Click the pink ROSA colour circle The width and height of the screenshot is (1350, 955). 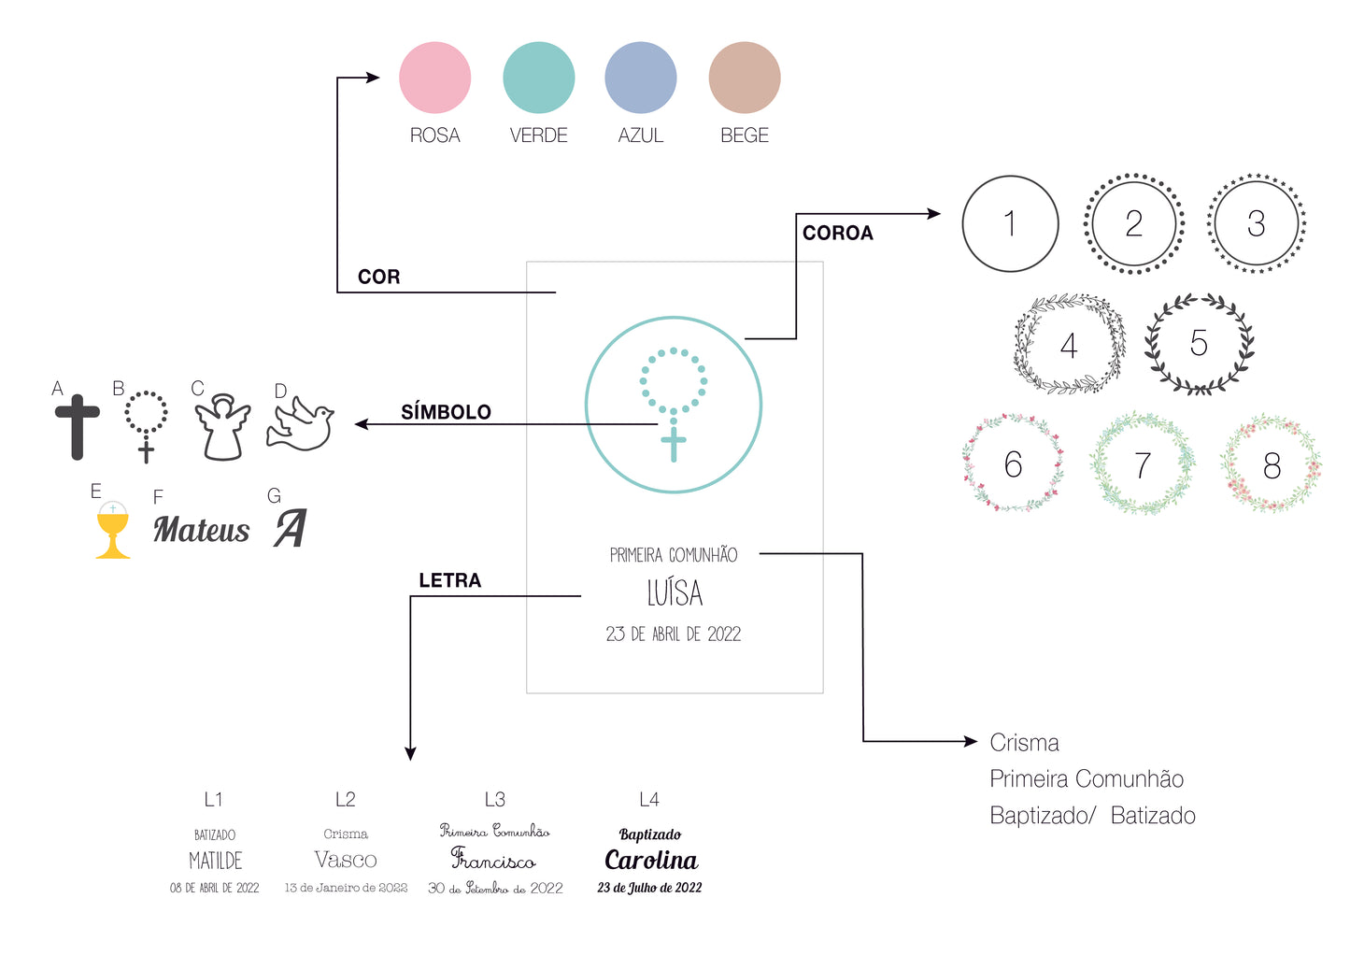coord(434,78)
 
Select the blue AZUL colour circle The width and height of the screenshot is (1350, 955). coord(640,78)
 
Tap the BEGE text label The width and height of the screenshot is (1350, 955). coord(744,135)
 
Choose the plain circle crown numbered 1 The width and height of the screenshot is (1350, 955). coord(1010,224)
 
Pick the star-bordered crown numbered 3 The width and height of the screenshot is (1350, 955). coord(1256,224)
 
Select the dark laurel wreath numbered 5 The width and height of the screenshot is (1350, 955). coord(1199,344)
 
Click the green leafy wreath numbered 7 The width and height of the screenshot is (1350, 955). coord(1142,464)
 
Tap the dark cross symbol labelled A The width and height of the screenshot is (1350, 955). coord(78,426)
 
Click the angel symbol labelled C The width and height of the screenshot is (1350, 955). coord(222,427)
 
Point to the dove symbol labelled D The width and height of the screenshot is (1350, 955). coord(301,424)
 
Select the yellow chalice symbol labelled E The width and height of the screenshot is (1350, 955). coord(113,530)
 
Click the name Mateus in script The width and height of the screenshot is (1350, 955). coord(202,530)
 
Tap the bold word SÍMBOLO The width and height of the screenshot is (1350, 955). coord(446,412)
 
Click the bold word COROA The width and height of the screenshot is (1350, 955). coord(837,234)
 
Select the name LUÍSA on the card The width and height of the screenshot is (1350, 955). coord(675,593)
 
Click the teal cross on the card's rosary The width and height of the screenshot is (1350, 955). coord(673,443)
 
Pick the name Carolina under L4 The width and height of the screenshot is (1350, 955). coord(651,860)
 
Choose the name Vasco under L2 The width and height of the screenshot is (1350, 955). coord(346,860)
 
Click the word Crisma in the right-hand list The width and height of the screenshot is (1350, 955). coord(1024,743)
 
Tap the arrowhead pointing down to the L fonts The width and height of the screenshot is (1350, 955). coord(410,753)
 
